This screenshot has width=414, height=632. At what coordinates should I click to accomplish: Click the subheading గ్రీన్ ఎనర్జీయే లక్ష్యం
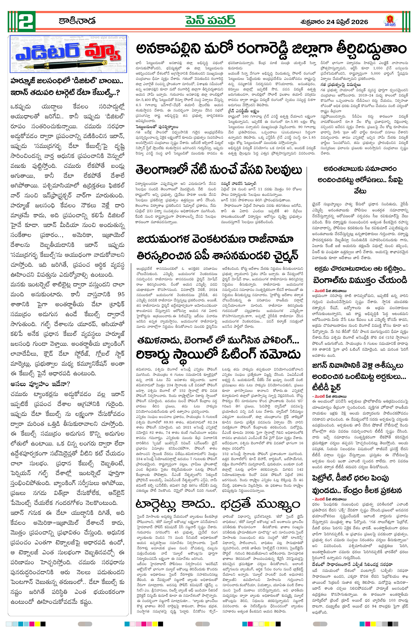click(243, 111)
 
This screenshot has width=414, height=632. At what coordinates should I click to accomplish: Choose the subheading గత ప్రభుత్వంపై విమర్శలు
click(341, 85)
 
